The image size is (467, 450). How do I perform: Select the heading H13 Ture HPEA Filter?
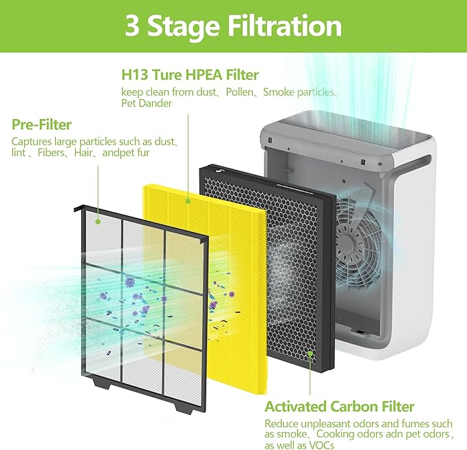pyautogui.click(x=191, y=74)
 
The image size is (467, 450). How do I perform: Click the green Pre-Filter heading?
pyautogui.click(x=42, y=125)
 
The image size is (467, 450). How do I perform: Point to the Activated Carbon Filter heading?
pyautogui.click(x=340, y=406)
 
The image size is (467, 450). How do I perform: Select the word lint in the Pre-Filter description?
pyautogui.click(x=19, y=153)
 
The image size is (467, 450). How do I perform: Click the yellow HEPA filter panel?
pyautogui.click(x=234, y=206)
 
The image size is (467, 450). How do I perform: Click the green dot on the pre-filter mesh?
pyautogui.click(x=99, y=222)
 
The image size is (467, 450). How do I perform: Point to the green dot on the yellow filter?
pyautogui.click(x=188, y=201)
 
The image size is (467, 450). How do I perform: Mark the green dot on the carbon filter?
pyautogui.click(x=310, y=354)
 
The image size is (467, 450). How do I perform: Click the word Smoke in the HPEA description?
pyautogui.click(x=278, y=92)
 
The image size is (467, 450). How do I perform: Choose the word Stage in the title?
pyautogui.click(x=183, y=26)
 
